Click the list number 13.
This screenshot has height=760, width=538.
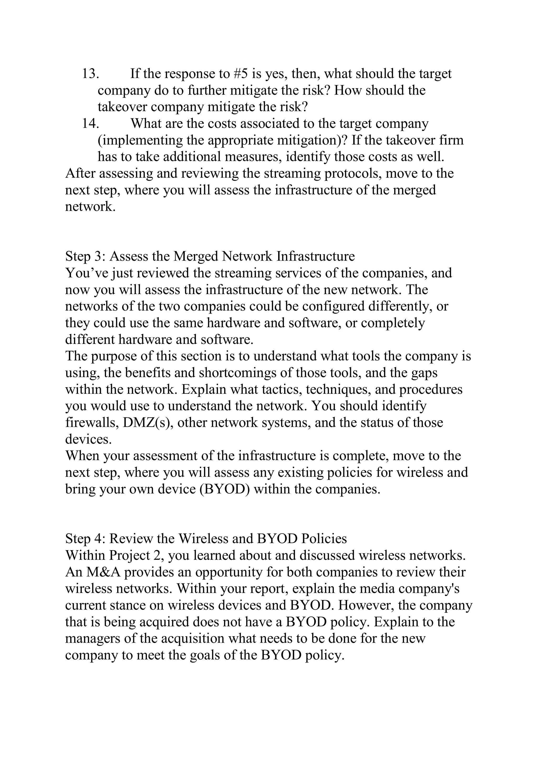pyautogui.click(x=90, y=73)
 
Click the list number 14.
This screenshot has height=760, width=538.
pyautogui.click(x=90, y=124)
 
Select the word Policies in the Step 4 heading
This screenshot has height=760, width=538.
pyautogui.click(x=324, y=539)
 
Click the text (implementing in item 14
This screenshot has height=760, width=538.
pyautogui.click(x=139, y=140)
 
